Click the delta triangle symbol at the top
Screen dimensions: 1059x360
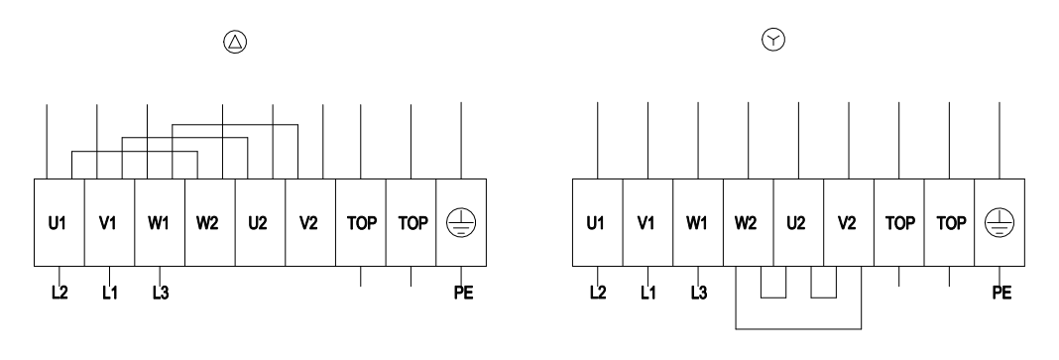coord(235,42)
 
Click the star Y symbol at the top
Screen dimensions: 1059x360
coord(773,40)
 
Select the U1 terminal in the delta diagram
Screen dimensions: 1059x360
coord(59,222)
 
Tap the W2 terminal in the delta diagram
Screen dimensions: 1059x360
coord(210,222)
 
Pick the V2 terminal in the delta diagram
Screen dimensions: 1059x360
coord(310,222)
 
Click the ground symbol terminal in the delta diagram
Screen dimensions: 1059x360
coord(461,222)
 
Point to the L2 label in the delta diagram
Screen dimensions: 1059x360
coord(59,294)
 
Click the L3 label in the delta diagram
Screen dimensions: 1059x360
coord(160,294)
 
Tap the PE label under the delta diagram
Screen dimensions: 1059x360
coord(463,294)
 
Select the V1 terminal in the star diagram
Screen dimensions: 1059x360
coord(647,222)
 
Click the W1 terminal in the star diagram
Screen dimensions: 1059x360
coord(698,222)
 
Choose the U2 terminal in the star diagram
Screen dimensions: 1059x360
coord(798,222)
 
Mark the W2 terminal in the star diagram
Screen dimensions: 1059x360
coord(749,222)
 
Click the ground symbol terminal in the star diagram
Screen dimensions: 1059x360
coord(1000,222)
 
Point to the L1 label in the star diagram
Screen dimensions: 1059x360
coord(647,294)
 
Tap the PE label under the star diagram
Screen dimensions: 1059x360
coord(1001,294)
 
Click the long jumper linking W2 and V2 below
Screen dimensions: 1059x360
coord(798,329)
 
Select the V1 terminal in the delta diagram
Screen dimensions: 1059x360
coord(109,222)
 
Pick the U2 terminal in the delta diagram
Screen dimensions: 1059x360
coord(260,222)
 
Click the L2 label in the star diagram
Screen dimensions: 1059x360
coord(598,294)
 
